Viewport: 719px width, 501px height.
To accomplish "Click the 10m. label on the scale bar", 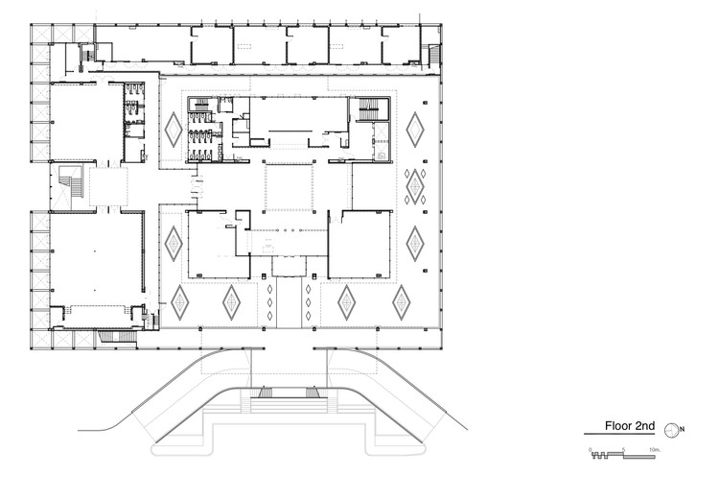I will point(656,449).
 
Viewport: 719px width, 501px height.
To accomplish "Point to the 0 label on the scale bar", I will point(591,449).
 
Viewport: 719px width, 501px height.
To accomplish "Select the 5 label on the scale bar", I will point(623,449).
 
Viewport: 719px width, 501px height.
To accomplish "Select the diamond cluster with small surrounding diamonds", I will point(415,186).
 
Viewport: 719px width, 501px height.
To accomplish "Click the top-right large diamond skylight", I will point(415,128).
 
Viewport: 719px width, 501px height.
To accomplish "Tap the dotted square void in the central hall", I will point(290,187).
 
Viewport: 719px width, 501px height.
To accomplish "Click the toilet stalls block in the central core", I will point(202,130).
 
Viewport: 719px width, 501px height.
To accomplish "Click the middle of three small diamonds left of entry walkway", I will point(270,302).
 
